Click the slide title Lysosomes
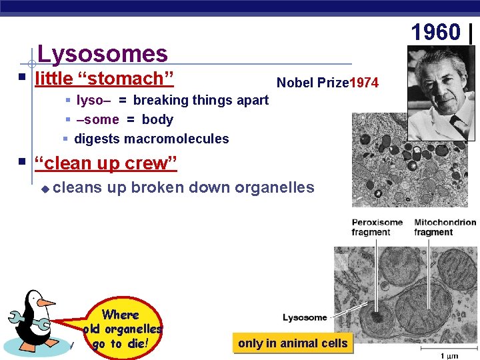(x=103, y=53)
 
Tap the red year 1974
(x=365, y=83)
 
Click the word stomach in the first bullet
(x=126, y=79)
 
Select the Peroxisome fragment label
(x=377, y=227)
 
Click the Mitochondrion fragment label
(x=445, y=227)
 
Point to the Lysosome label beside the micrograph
(x=305, y=317)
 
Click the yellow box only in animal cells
(x=293, y=343)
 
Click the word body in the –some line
(x=157, y=120)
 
